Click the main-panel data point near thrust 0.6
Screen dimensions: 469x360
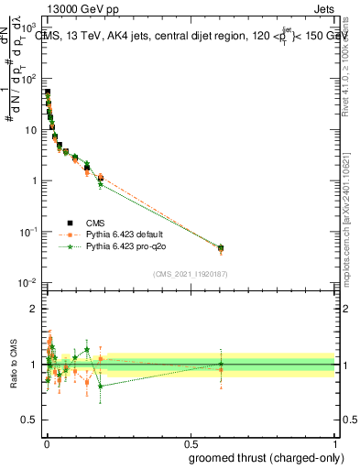pyautogui.click(x=220, y=247)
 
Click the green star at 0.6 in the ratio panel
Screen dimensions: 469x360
pyautogui.click(x=220, y=364)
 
